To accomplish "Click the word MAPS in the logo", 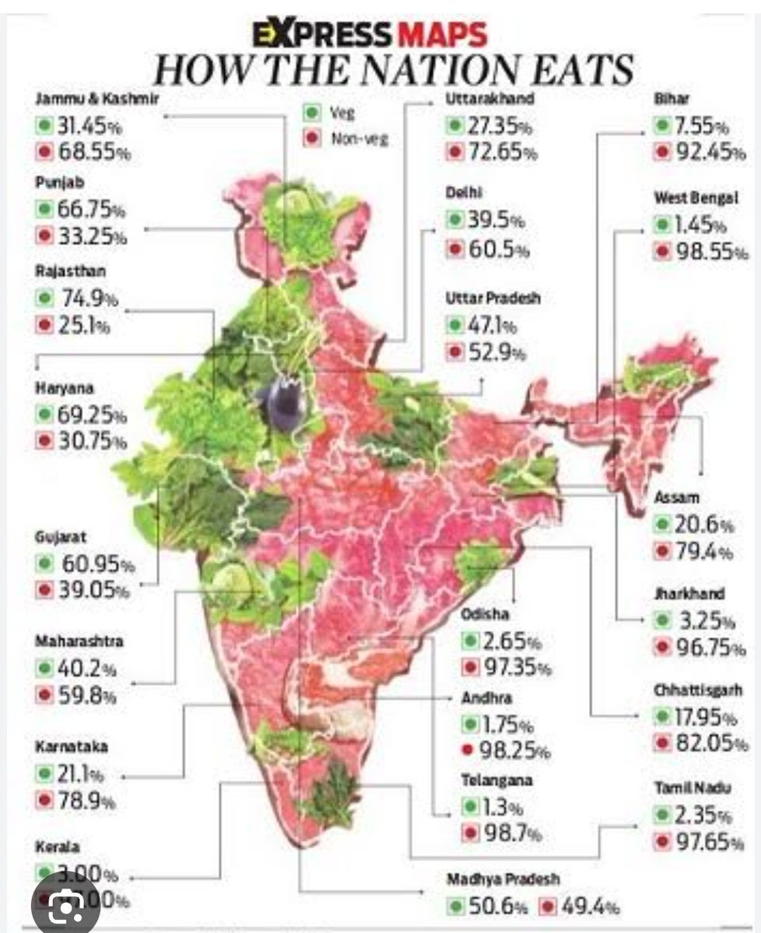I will (x=443, y=35).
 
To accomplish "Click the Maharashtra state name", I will (x=79, y=642).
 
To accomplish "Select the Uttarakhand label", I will (x=490, y=99).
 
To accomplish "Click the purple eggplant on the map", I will (x=282, y=404).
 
